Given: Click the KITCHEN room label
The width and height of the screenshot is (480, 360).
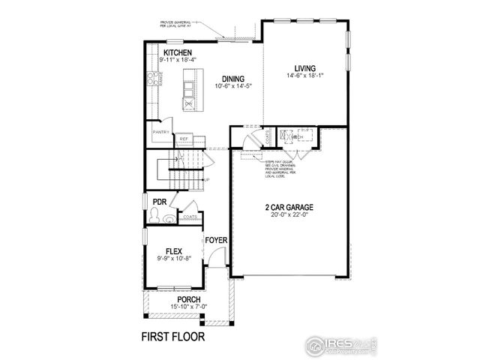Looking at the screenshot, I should tap(178, 52).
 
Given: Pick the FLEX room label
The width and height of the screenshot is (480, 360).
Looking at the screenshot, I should tap(174, 250).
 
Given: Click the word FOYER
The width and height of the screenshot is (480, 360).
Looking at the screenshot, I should tap(216, 241).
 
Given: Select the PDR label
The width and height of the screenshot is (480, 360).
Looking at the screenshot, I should tap(159, 202).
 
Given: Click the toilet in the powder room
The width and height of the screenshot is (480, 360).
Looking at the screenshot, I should tap(154, 217).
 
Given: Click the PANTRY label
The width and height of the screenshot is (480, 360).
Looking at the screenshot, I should tap(161, 132).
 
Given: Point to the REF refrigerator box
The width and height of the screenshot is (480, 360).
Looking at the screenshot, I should tap(184, 139).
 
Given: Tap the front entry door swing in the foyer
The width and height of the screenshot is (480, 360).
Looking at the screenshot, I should tap(216, 259).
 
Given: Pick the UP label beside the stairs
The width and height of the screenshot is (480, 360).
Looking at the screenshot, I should tap(207, 181).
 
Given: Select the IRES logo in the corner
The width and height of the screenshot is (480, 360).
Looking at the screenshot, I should tap(337, 344).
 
